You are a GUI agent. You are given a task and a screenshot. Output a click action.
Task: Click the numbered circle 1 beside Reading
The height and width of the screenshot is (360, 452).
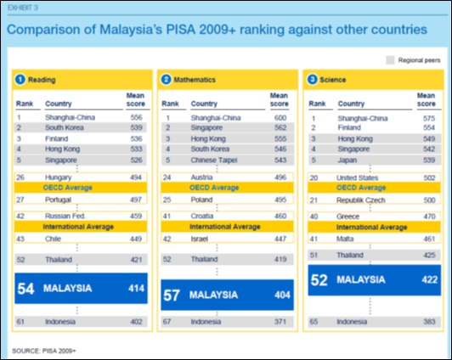coord(20,80)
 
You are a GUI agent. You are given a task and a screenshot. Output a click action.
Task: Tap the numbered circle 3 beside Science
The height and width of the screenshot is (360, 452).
coord(312,80)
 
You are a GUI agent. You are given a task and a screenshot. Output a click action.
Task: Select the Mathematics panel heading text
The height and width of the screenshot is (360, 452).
coord(195,80)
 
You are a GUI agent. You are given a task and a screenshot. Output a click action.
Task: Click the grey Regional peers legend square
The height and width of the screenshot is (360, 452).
coord(390,60)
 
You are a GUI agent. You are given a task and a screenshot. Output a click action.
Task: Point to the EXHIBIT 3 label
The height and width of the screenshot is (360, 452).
coord(23,8)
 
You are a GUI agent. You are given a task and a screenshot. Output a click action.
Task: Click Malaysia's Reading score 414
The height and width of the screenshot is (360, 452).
coord(136,288)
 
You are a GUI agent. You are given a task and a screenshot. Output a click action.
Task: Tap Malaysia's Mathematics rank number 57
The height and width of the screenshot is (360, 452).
coord(172,295)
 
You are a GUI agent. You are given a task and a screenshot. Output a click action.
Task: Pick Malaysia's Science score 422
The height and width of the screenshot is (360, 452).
coord(430,279)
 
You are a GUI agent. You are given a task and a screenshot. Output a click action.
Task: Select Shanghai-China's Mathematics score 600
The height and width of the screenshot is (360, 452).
coord(280,118)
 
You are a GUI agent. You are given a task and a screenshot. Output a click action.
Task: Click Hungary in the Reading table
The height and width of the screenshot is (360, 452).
coord(59,177)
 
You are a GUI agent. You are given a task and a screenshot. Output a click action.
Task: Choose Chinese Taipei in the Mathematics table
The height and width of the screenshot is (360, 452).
coord(214,160)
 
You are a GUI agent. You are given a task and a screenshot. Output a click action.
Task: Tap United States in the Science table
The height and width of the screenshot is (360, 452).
coord(357,177)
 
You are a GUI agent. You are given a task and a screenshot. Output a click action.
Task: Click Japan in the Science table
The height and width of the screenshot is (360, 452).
coord(347,160)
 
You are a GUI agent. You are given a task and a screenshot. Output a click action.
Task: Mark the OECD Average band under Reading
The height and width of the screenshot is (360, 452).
coord(81,188)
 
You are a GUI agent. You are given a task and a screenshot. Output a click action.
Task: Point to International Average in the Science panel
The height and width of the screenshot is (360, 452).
coord(372,228)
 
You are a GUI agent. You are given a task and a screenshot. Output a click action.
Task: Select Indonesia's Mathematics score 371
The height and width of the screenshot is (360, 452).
coord(280,322)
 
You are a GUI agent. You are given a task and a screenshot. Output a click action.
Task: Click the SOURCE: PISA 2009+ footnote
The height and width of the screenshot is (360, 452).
coord(44,351)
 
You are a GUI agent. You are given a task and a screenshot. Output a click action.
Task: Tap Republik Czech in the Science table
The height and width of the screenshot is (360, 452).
coord(361,200)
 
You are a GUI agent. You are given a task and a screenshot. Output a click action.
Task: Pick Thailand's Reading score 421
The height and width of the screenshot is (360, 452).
coord(136,260)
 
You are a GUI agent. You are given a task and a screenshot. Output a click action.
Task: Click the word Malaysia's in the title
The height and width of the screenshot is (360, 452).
coord(131,30)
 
